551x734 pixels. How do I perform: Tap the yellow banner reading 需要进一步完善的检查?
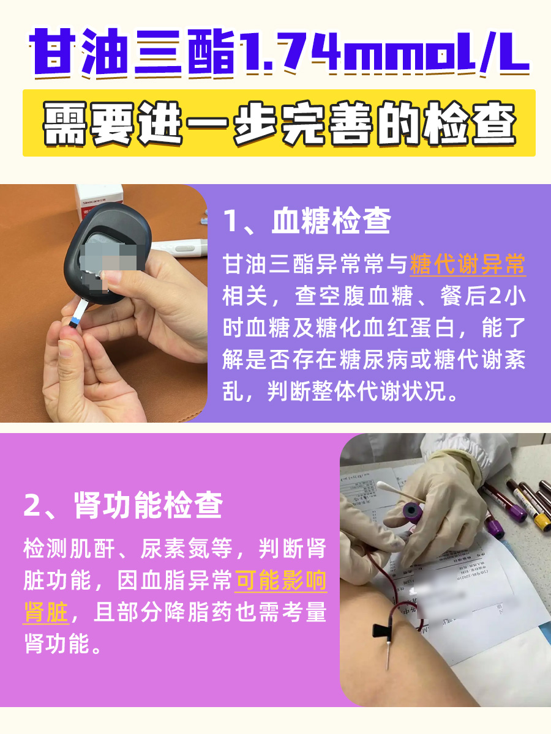(x=279, y=123)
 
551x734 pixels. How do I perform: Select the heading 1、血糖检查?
(x=307, y=221)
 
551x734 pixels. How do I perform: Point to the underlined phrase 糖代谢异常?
(x=467, y=265)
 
